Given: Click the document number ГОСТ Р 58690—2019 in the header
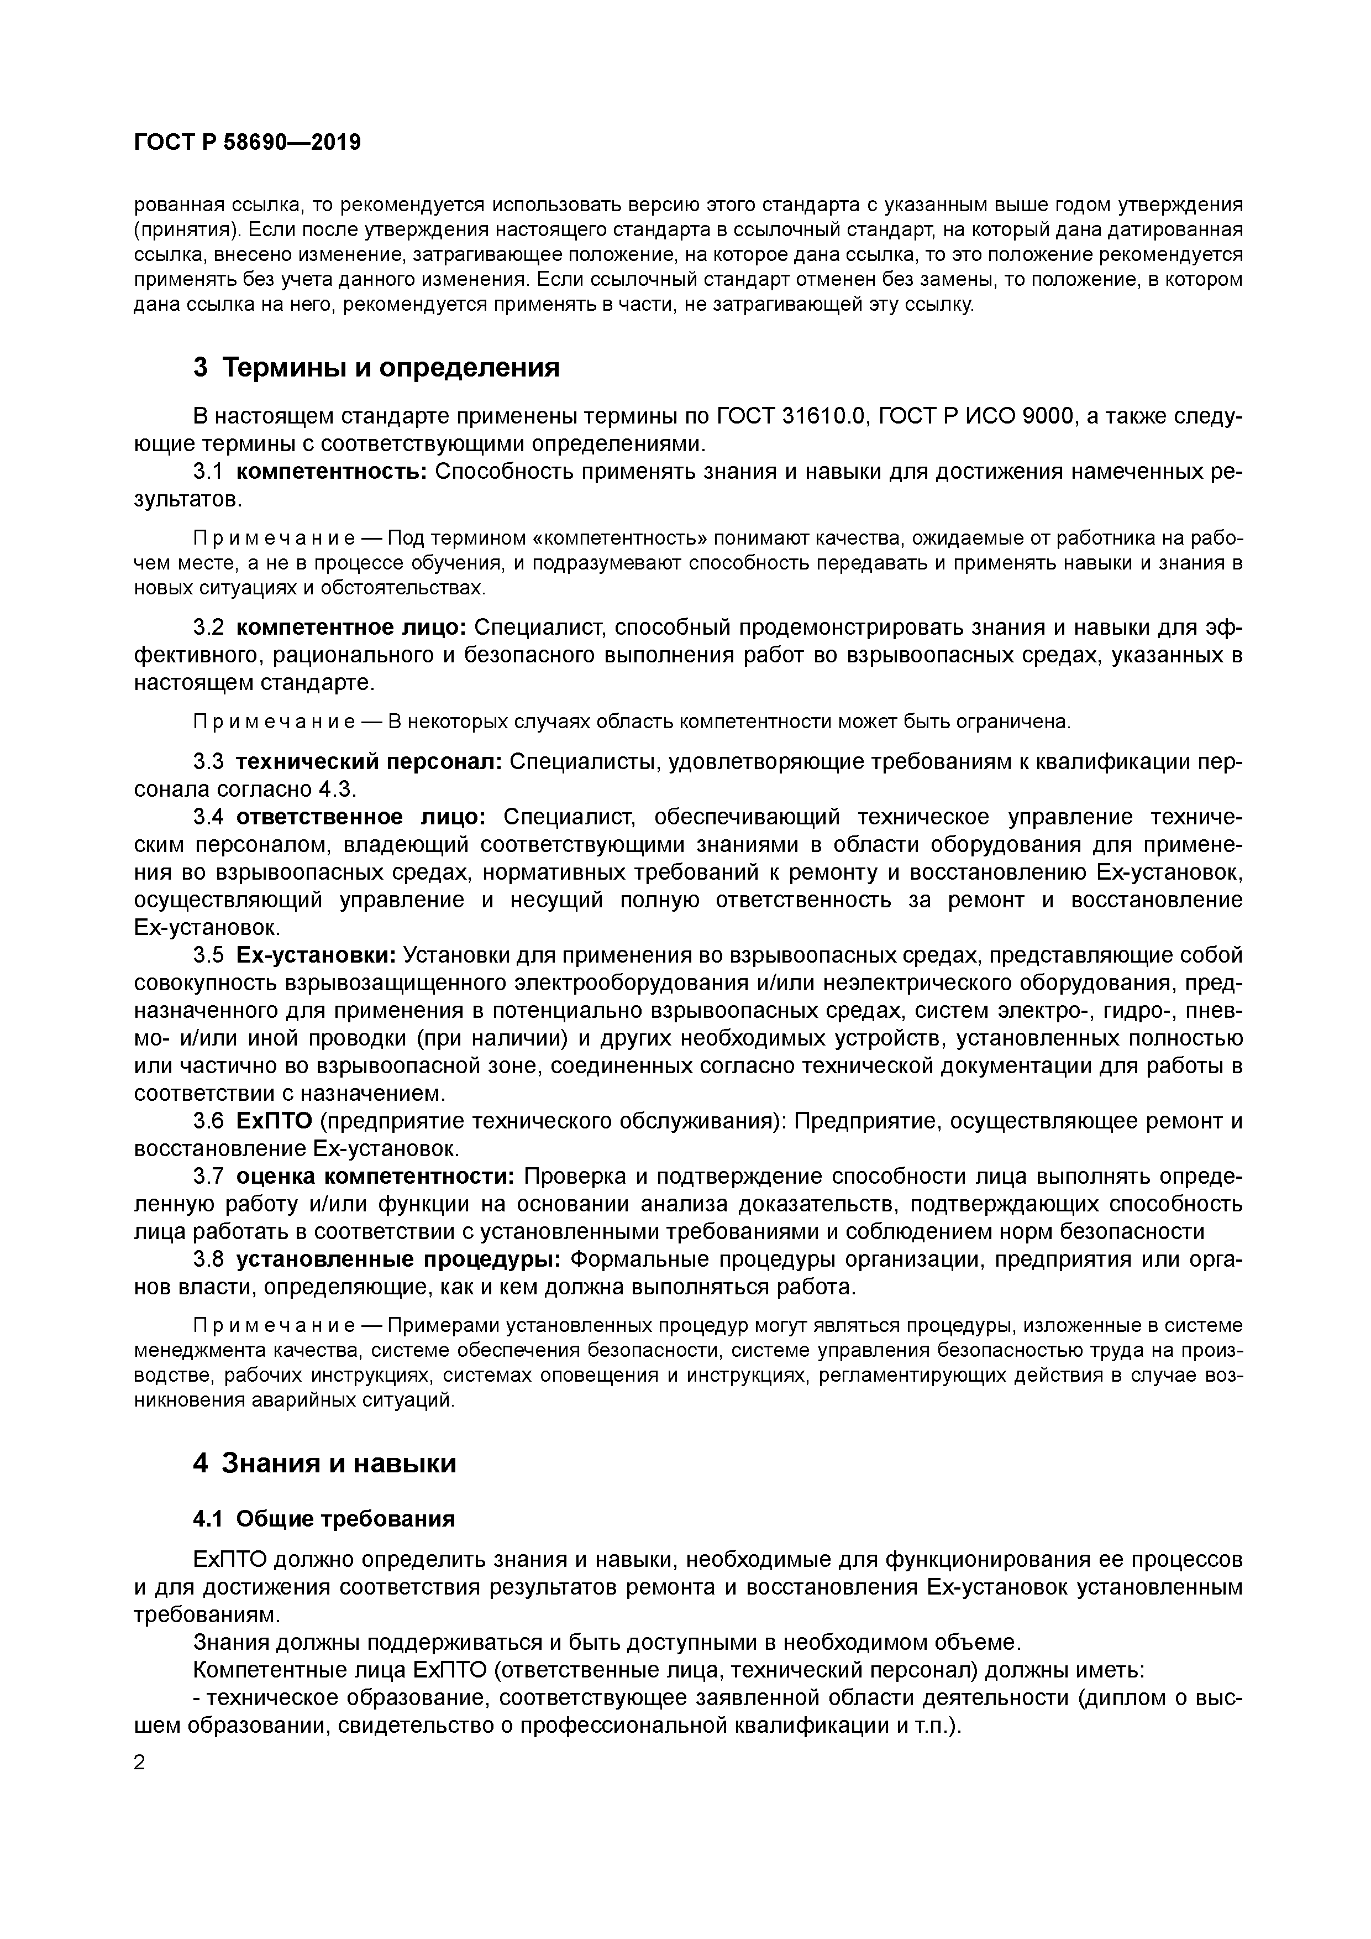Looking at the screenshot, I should [246, 143].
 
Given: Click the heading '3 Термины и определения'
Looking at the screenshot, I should [376, 367].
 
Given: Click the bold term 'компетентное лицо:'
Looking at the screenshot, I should [350, 628].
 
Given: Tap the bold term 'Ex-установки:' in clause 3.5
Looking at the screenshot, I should [316, 955].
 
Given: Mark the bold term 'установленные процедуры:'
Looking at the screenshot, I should [398, 1259].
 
